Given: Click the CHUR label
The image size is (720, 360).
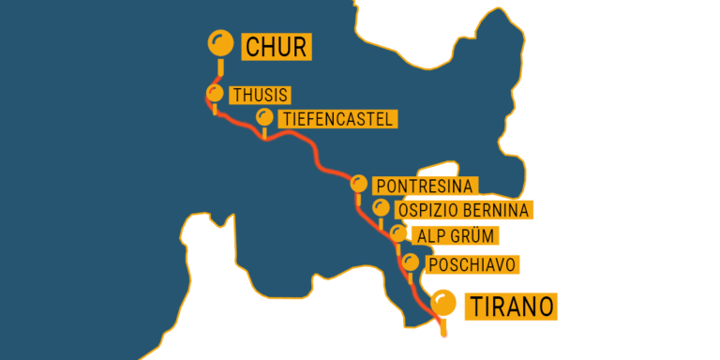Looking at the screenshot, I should (276, 46).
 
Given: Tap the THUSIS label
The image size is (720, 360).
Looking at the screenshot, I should (260, 96).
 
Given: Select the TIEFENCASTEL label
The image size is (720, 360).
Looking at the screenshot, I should (337, 119).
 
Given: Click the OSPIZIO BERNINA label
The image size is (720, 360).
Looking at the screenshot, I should (464, 210).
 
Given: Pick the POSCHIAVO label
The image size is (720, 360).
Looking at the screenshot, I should (472, 265).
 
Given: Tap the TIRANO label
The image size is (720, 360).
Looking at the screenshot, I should (511, 306).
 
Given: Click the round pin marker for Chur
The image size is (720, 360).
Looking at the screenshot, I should (220, 42).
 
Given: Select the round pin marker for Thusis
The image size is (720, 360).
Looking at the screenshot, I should (215, 94).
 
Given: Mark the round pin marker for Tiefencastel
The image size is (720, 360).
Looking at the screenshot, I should (264, 117).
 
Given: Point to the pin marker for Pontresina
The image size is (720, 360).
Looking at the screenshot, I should (358, 183).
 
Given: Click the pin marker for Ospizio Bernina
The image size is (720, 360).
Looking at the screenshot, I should (380, 207).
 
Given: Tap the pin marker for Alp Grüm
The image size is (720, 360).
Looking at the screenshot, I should (399, 233).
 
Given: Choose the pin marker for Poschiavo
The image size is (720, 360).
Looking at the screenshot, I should (410, 262).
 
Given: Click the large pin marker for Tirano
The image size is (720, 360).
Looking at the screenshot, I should (442, 303).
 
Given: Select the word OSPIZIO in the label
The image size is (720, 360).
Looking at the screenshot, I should (427, 210).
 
